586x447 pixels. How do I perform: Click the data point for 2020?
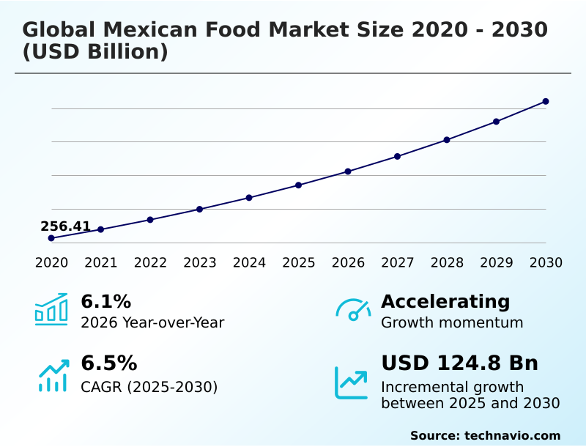tap(51, 238)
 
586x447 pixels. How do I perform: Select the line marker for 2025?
tap(298, 185)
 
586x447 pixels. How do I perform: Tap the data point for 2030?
tap(546, 101)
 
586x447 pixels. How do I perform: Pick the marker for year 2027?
tap(397, 156)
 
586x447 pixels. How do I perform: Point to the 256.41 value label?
tap(65, 226)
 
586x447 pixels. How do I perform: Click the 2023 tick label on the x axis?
tap(199, 263)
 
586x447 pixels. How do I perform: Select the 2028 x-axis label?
tap(447, 263)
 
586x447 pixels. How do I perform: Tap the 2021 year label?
tap(100, 263)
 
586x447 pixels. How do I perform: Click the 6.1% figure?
tap(105, 301)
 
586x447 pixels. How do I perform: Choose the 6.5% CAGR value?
tap(108, 363)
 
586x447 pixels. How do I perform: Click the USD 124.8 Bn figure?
tap(459, 363)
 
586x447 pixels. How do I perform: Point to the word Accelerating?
tap(445, 301)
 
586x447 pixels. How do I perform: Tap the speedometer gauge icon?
tap(352, 310)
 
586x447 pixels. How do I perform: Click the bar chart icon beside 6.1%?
tap(51, 309)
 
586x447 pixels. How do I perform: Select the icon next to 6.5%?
tap(53, 375)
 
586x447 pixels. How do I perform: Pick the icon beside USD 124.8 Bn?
tap(351, 382)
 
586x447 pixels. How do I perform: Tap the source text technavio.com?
tap(512, 435)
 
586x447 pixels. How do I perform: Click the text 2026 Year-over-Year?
tap(152, 322)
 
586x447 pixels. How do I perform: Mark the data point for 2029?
tap(496, 122)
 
